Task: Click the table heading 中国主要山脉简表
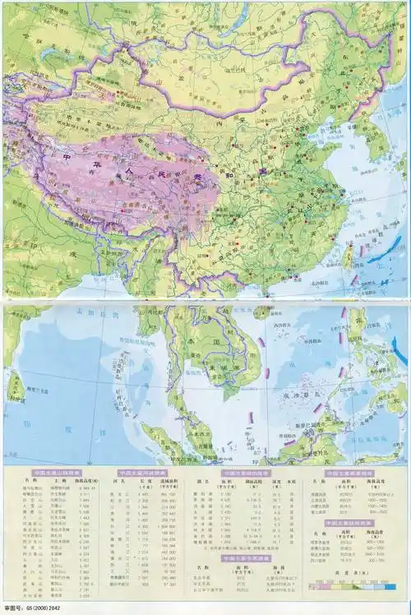tap(57, 474)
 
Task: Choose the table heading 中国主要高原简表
tap(349, 474)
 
